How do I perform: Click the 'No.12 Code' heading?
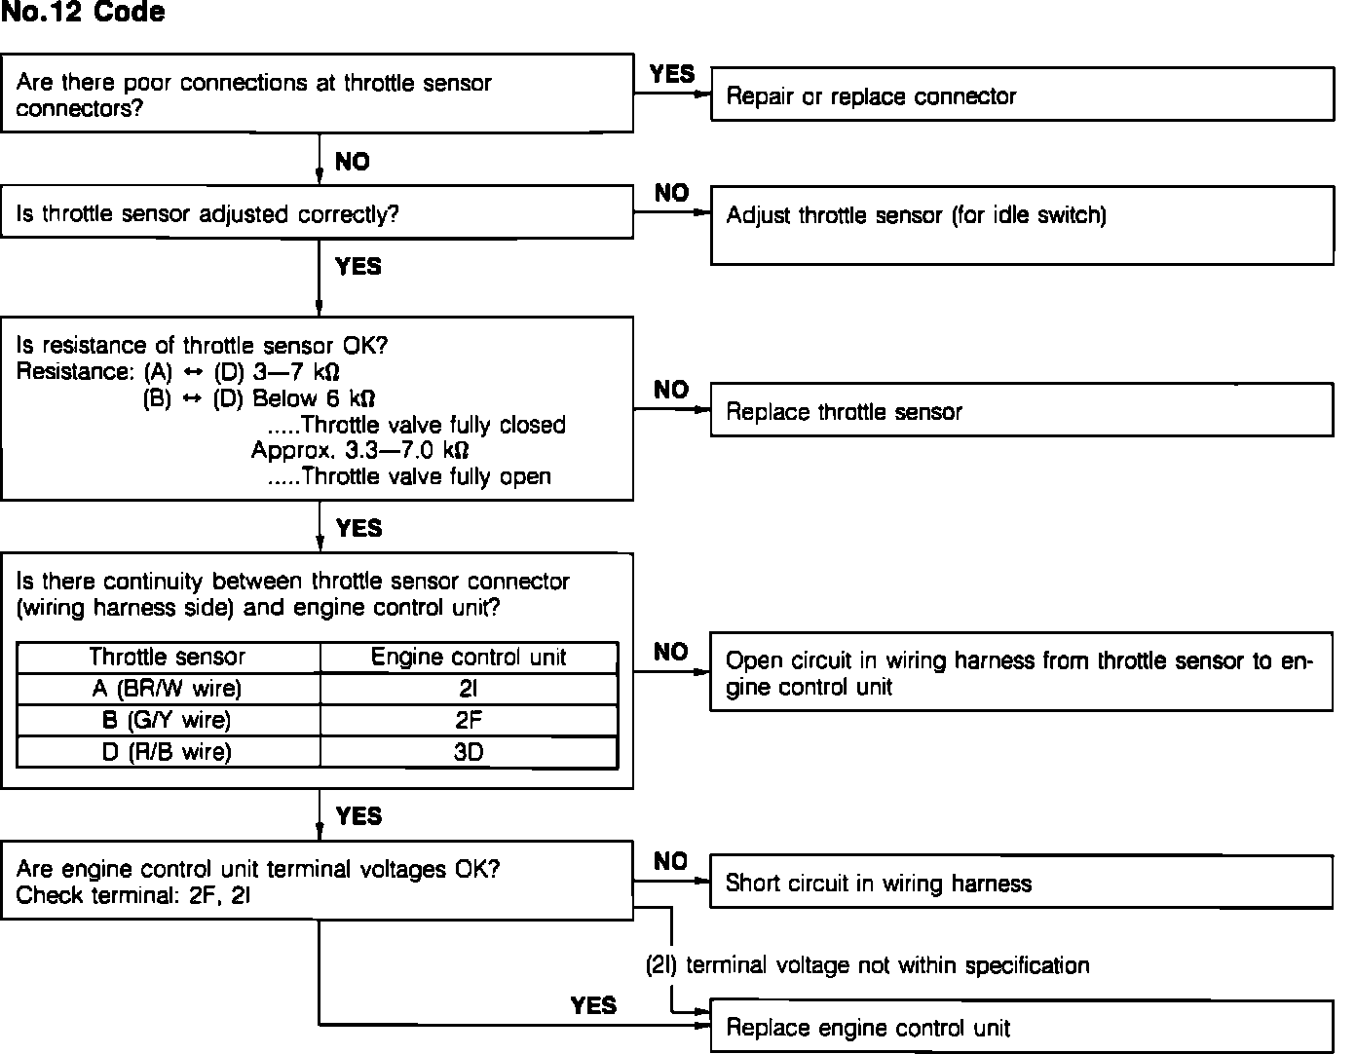point(83,13)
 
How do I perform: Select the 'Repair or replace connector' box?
point(1022,95)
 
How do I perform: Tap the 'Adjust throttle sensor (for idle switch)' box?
point(1022,224)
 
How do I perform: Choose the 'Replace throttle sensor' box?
point(1022,410)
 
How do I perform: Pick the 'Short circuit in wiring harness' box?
point(1020,883)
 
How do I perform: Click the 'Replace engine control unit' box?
point(1021,1027)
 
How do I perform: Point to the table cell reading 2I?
point(469,689)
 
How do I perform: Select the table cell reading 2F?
point(469,720)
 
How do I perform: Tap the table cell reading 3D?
point(469,751)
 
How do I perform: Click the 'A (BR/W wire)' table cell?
point(168,689)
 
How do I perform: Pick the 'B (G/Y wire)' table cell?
point(168,720)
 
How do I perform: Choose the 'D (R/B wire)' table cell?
point(168,751)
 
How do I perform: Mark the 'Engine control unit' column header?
point(469,658)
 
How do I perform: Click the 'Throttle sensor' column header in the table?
point(168,658)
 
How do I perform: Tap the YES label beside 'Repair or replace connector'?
point(672,74)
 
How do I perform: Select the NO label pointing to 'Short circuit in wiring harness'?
point(670,861)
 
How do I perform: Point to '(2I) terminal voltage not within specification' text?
point(867,965)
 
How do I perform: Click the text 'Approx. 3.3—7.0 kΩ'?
point(359,451)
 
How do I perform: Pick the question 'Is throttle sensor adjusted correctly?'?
point(207,214)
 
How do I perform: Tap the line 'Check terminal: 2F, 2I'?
point(133,895)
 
